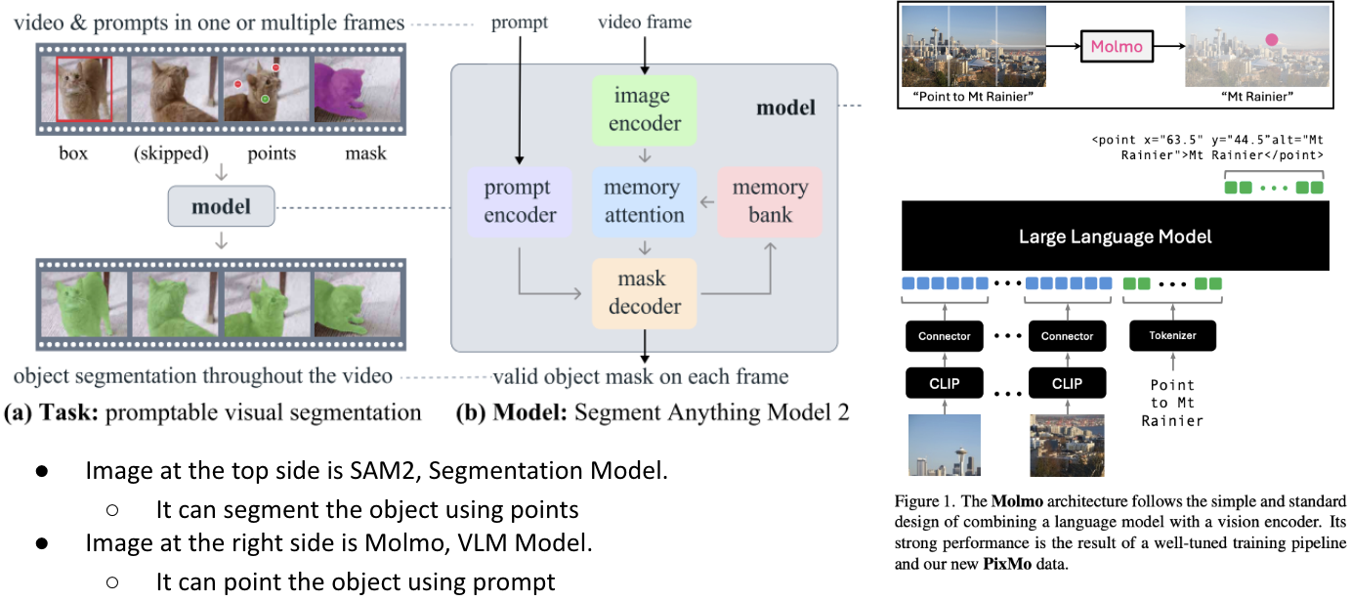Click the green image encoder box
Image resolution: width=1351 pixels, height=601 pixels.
click(643, 109)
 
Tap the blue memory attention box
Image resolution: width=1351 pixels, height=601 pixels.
click(643, 200)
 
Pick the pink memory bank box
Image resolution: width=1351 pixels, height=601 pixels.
click(770, 200)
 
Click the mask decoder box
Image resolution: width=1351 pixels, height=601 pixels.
click(643, 292)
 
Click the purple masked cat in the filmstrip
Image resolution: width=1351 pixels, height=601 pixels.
click(355, 90)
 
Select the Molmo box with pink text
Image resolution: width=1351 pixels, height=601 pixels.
click(1116, 46)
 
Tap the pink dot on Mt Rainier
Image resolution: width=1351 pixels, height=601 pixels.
click(1272, 41)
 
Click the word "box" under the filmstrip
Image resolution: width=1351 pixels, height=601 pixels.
click(72, 153)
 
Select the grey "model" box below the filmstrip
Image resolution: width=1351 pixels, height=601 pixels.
click(221, 206)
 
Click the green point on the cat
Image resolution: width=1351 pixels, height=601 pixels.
click(265, 100)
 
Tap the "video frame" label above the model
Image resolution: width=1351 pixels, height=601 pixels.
click(644, 21)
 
